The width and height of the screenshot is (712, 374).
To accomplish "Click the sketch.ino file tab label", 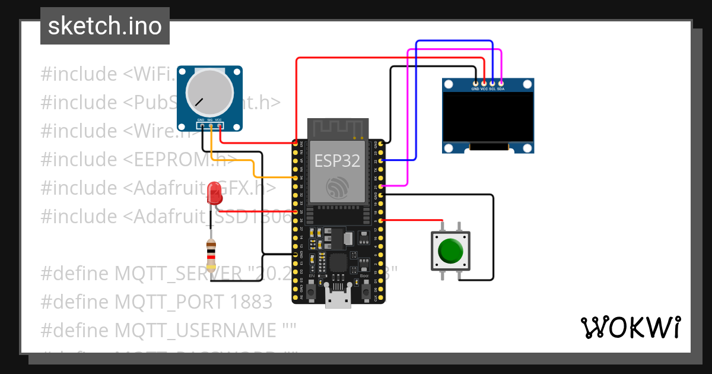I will tap(104, 26).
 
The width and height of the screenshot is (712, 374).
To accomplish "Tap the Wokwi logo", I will tap(630, 327).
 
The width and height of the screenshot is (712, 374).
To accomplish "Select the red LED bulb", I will tap(214, 194).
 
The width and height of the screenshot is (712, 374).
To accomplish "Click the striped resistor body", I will tap(211, 255).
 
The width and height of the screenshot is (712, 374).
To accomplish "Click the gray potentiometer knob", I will tap(209, 93).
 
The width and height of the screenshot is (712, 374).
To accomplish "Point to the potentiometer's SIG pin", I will tap(210, 126).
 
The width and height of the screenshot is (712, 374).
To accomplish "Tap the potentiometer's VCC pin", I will tap(219, 126).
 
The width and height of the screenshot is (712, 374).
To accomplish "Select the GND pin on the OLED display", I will tap(475, 84).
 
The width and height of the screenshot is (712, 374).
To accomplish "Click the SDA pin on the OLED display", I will tap(501, 84).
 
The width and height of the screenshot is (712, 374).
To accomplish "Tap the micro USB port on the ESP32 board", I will tap(338, 300).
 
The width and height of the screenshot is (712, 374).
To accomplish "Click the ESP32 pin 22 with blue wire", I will tap(380, 160).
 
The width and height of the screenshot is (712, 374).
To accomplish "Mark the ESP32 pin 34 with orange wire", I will tap(295, 178).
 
